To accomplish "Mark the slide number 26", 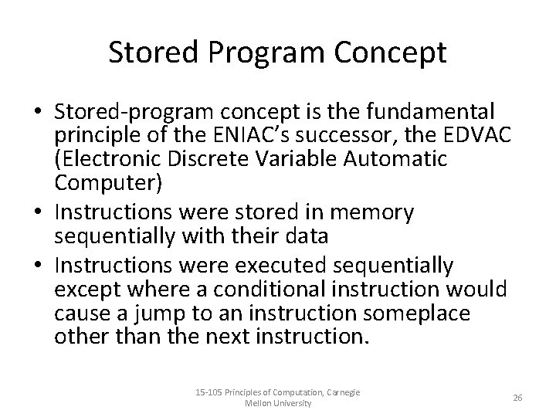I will click(x=517, y=397).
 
